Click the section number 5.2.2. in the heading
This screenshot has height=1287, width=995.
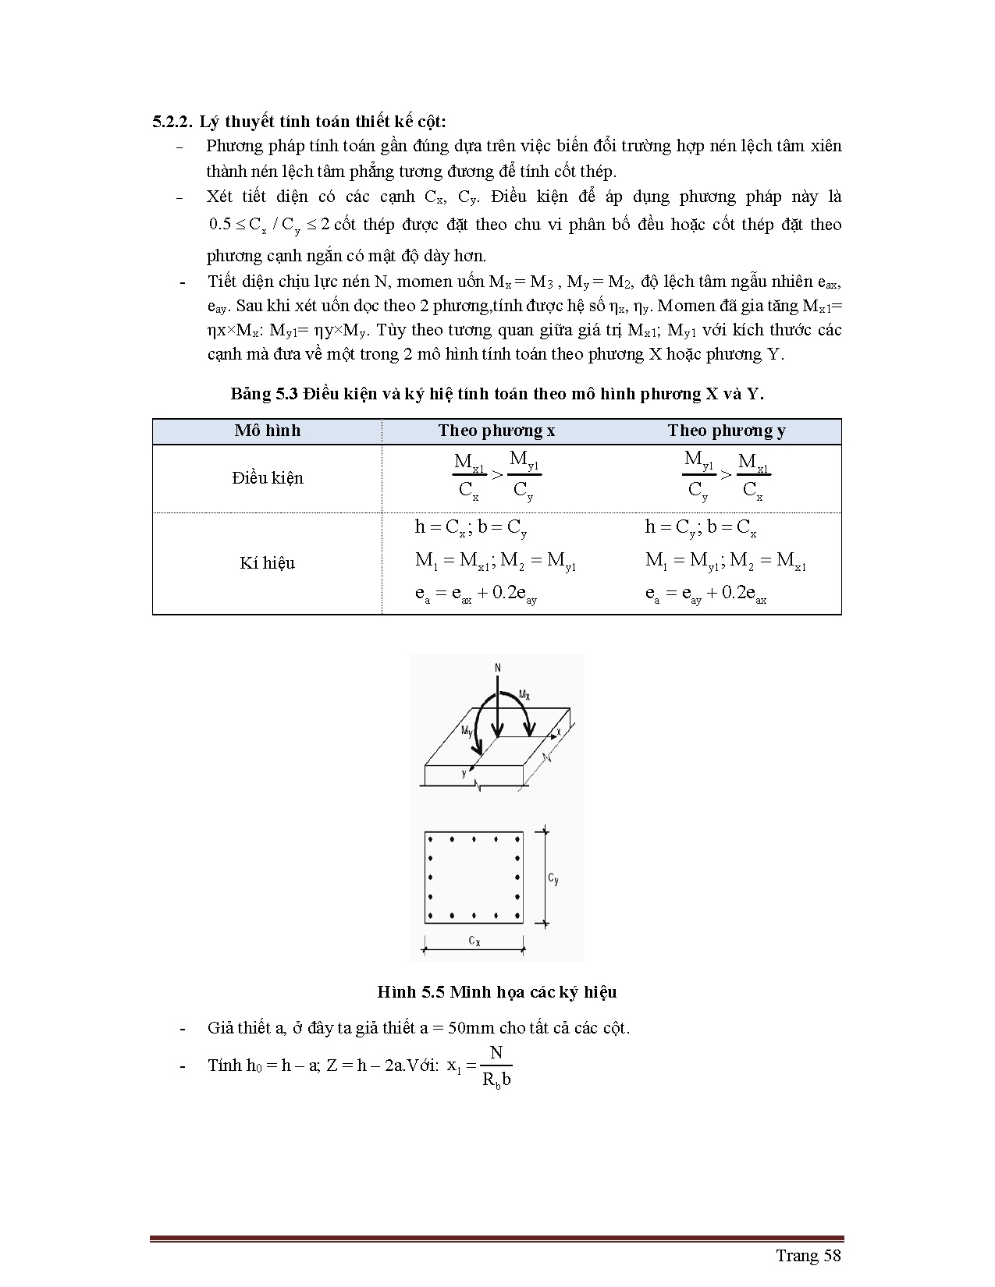(172, 122)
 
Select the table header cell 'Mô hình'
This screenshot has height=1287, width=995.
(267, 431)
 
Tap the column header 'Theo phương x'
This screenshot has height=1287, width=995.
(496, 431)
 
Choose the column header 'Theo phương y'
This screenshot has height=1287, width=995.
(727, 431)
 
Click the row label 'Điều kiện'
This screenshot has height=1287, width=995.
(267, 478)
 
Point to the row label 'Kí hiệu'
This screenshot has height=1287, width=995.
(267, 563)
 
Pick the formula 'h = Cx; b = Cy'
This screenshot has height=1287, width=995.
(471, 528)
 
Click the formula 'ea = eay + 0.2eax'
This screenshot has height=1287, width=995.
(705, 594)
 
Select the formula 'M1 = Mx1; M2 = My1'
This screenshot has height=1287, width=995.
(496, 561)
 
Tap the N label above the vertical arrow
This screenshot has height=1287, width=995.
(498, 668)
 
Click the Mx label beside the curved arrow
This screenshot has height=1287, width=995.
(524, 693)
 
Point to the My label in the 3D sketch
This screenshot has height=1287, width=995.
(467, 731)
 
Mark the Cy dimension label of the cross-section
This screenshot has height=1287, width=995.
(553, 879)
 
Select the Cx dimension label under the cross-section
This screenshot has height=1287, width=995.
(474, 941)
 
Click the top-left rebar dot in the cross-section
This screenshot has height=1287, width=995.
(432, 839)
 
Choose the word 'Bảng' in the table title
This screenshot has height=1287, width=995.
(251, 394)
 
